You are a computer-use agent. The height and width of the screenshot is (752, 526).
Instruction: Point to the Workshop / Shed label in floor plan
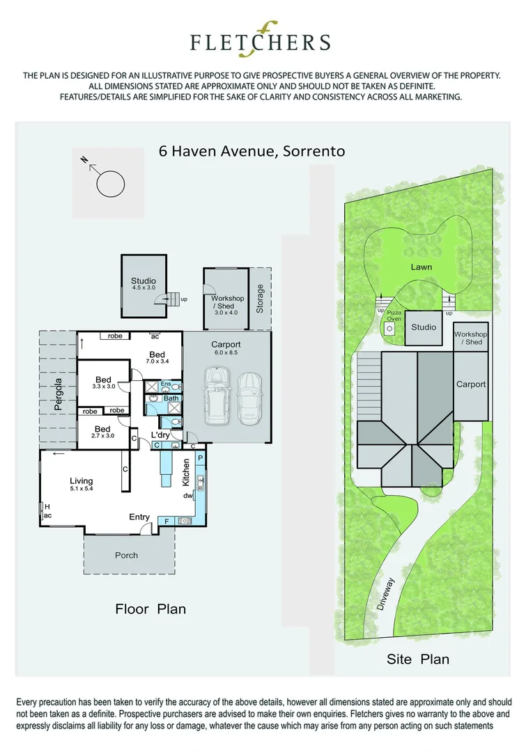[228, 302]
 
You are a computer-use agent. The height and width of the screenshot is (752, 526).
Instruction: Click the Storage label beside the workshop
[260, 298]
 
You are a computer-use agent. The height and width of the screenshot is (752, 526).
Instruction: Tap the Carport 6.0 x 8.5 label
[226, 348]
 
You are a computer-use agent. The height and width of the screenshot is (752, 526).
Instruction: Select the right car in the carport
[248, 399]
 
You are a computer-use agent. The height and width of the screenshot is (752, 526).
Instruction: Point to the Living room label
[81, 485]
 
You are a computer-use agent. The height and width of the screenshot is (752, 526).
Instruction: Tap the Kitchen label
[186, 473]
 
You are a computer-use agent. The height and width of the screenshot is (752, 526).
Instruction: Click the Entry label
[139, 517]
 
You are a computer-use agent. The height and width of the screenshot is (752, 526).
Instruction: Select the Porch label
[126, 556]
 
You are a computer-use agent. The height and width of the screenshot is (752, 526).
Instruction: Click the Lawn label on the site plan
[421, 267]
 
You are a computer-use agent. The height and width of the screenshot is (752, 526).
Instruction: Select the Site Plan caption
[418, 659]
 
